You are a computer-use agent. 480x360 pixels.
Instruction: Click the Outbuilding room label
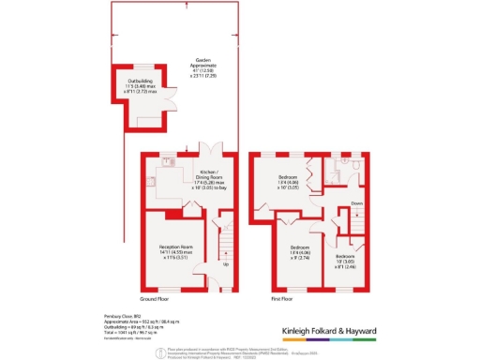pyautogui.click(x=129, y=86)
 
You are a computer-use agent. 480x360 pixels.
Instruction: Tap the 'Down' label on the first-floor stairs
pyautogui.click(x=356, y=202)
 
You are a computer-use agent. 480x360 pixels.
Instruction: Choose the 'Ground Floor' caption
pyautogui.click(x=161, y=297)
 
